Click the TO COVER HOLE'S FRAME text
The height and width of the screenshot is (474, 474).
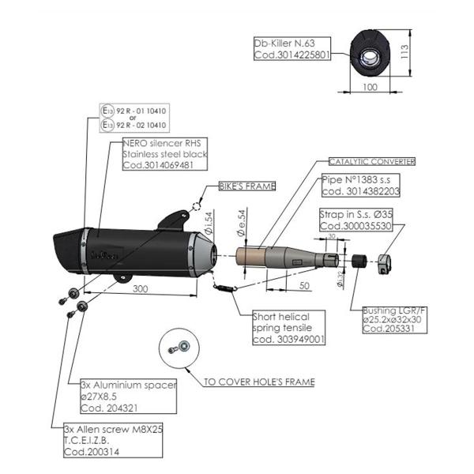point(258,382)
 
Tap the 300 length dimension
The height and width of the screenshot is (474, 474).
point(140,290)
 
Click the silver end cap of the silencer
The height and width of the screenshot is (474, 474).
point(203,254)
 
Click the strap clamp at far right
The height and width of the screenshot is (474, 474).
point(384,263)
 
